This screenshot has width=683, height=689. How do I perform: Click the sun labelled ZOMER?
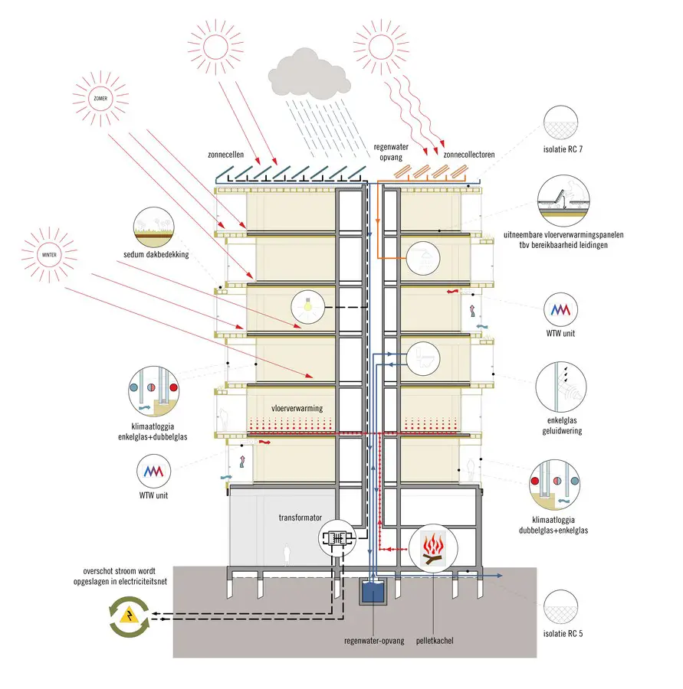click(x=100, y=99)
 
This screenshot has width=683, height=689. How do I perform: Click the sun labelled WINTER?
click(x=49, y=255)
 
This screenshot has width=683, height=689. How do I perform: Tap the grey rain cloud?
click(x=310, y=75)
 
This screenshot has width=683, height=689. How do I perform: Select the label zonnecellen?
click(x=226, y=155)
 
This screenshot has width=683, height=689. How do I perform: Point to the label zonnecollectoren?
click(x=469, y=155)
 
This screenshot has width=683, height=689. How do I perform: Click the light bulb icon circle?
click(x=308, y=307)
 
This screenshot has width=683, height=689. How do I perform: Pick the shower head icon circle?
click(x=423, y=259)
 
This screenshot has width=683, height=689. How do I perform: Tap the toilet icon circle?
click(x=423, y=358)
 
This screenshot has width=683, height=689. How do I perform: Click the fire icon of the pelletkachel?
click(x=433, y=548)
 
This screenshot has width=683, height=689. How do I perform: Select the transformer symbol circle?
click(x=337, y=538)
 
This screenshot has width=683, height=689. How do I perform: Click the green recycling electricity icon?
click(x=130, y=617)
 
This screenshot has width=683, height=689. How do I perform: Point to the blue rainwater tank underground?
click(x=373, y=591)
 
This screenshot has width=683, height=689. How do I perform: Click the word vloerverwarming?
click(x=297, y=408)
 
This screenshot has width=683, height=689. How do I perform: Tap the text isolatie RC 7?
click(x=563, y=149)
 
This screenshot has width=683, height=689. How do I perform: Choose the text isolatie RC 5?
click(x=563, y=634)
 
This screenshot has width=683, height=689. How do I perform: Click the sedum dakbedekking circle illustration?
click(x=153, y=227)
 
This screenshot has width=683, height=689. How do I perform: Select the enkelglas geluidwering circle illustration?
click(x=561, y=387)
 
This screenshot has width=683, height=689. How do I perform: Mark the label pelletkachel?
click(x=435, y=641)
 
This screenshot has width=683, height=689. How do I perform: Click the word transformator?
click(x=300, y=518)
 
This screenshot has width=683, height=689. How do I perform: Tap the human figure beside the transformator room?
click(x=287, y=554)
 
